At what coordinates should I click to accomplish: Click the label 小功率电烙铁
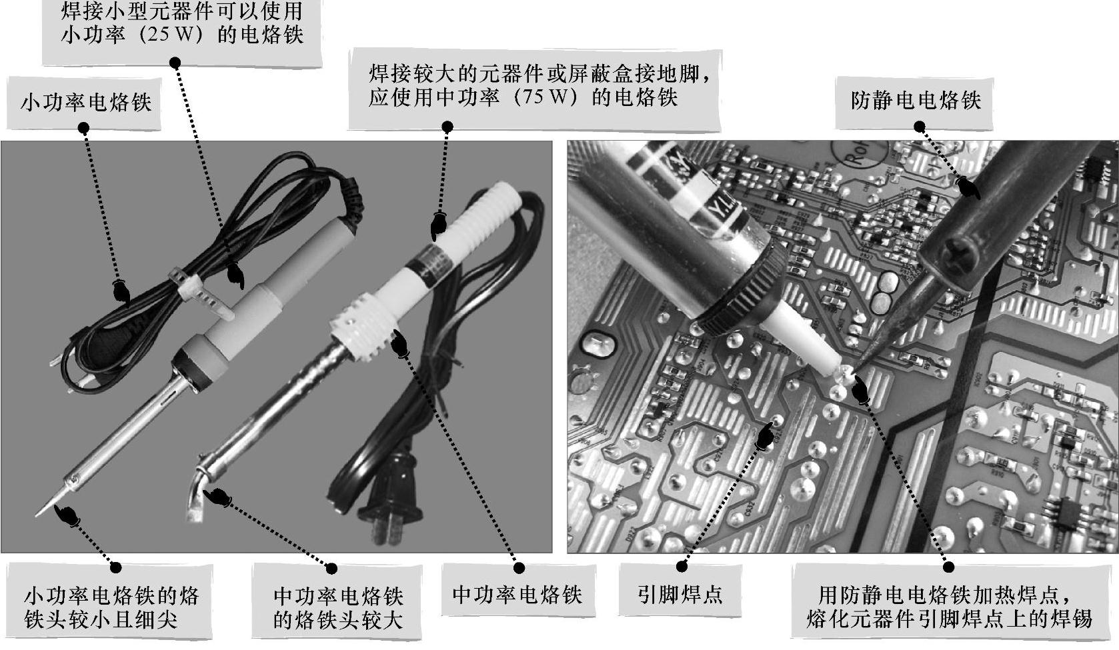pos(86,103)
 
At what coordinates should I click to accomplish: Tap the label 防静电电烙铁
pos(916,101)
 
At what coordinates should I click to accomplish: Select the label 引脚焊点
pos(680,594)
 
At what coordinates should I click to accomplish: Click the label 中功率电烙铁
pos(517,594)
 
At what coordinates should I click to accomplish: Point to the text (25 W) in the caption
pos(171,35)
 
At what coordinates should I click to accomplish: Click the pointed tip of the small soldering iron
pos(37,515)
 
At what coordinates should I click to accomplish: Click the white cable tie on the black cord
pos(200,295)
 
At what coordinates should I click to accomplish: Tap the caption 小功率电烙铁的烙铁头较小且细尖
pos(111,607)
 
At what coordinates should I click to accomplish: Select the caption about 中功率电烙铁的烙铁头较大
pos(337,607)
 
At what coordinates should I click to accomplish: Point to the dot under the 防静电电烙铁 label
pos(919,127)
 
